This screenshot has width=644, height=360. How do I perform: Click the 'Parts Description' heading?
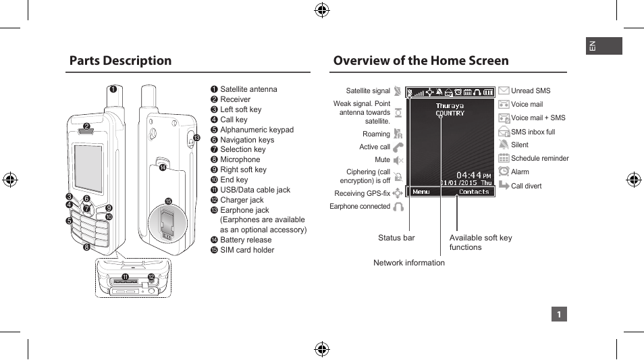(x=120, y=61)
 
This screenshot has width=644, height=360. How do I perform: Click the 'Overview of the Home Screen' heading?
(x=421, y=61)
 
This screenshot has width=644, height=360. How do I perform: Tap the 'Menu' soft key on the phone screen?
(x=421, y=192)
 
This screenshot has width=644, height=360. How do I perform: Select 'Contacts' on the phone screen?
(x=474, y=192)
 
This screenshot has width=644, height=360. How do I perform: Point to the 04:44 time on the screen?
(x=469, y=175)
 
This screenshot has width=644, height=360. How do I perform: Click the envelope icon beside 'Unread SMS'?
(x=504, y=91)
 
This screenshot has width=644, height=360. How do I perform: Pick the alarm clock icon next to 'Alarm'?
(x=504, y=172)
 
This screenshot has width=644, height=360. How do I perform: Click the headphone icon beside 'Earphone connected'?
(x=398, y=207)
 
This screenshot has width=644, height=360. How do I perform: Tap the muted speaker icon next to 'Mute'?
(x=398, y=160)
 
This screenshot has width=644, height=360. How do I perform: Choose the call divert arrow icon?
(x=504, y=186)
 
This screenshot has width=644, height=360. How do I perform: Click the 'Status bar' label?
(x=396, y=238)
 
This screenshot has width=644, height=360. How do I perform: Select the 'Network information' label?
(x=409, y=263)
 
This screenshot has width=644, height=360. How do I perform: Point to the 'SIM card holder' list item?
(x=247, y=250)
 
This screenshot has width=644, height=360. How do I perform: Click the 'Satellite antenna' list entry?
(x=248, y=89)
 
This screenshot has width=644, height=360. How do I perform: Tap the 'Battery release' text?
(x=246, y=240)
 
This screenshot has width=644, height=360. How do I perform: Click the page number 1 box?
(x=558, y=314)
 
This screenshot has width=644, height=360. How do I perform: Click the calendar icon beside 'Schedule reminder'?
(x=504, y=158)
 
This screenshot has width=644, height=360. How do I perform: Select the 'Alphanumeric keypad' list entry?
(x=257, y=130)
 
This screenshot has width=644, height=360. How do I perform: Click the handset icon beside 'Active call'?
(x=398, y=147)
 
